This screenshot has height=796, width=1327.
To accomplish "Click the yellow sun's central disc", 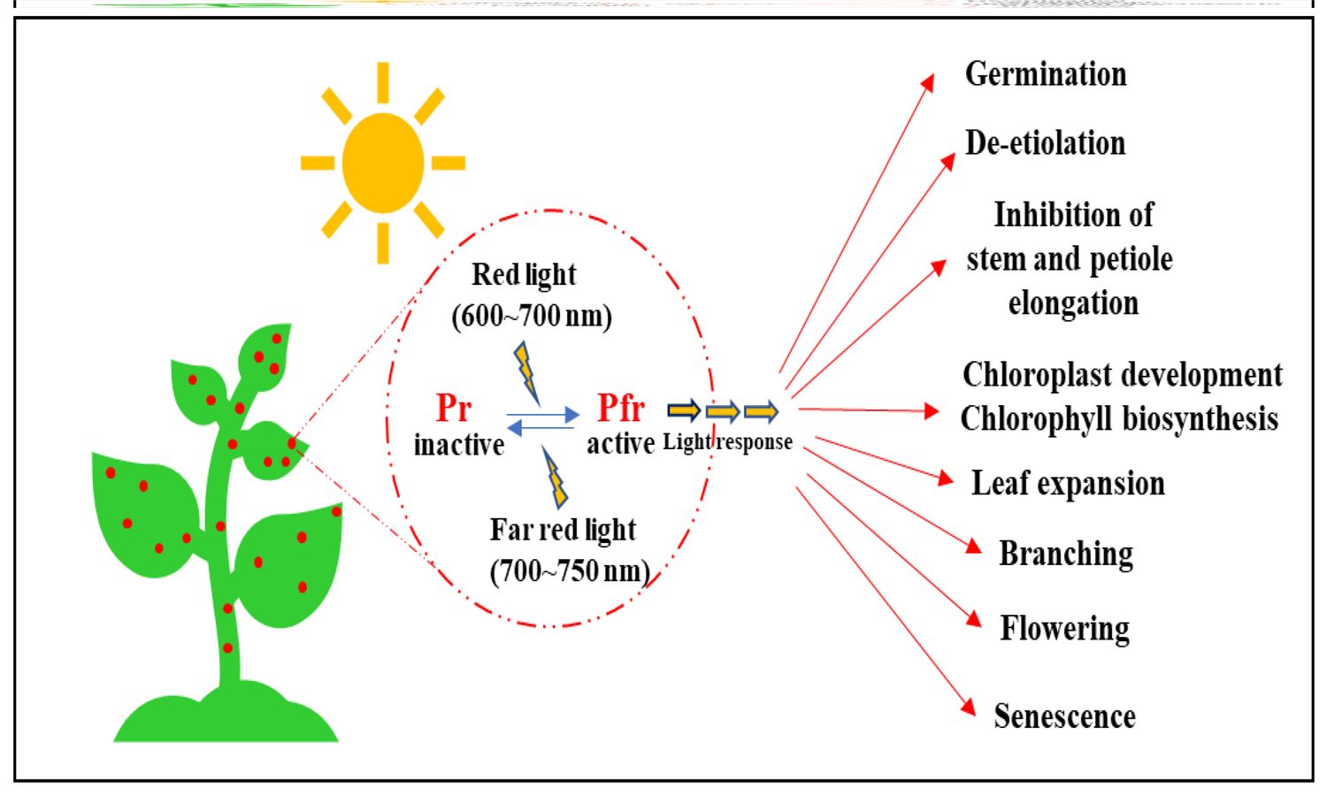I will pos(383,163).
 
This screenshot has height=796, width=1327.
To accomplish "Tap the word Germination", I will pos(1046,74).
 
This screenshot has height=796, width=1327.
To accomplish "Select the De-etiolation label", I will pos(1045,143).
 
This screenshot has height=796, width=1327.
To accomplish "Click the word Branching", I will pos(1066,555).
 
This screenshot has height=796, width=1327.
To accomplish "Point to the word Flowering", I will pos(1064,629).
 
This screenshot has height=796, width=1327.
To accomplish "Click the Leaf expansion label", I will pos(1068,484).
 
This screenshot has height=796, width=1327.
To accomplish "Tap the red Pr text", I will pos(454,409).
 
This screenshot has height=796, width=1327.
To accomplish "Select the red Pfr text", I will pos(621,409).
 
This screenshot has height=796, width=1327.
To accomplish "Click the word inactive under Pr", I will pos(458,444).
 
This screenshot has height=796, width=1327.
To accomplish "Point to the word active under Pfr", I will pos(620,443).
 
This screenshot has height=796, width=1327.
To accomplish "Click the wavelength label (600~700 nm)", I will pos(532,316).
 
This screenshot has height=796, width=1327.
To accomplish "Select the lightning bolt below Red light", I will pos(525,370).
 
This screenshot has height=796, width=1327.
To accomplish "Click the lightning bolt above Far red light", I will pos(555,478).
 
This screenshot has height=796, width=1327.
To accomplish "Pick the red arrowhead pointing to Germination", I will pos(927,82).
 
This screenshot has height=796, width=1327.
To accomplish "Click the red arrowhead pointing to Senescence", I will pos(969,707).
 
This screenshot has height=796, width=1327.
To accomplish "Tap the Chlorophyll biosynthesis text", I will pos(1119,418).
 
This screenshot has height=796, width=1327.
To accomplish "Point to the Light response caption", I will pos(727,442).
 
